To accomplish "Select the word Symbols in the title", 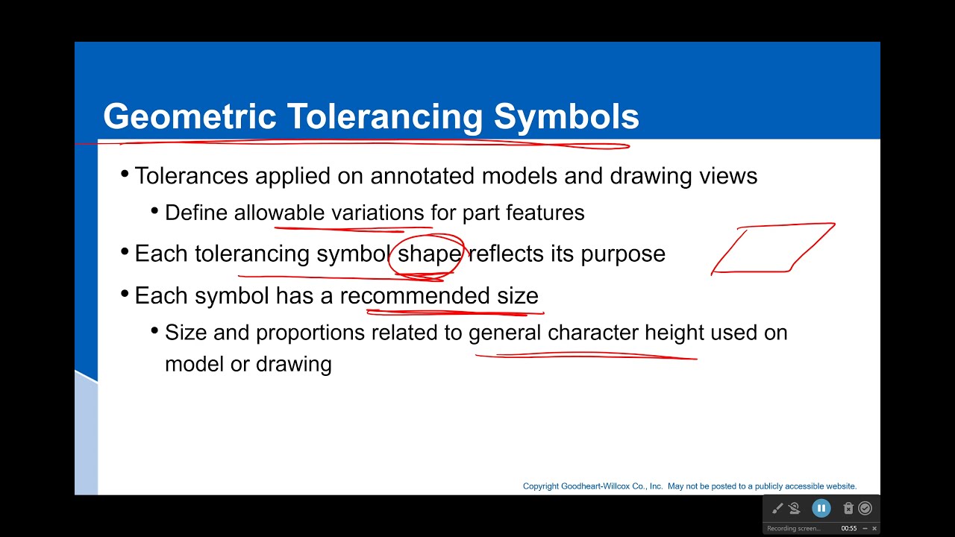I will tap(566, 117).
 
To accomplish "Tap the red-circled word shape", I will tap(429, 254).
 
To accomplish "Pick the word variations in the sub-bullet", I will tap(378, 213).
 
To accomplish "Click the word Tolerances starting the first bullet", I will tap(191, 176).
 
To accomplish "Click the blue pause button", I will tap(821, 509).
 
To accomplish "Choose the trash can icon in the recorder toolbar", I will tap(848, 509).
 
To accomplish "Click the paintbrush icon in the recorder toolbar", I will tap(777, 509).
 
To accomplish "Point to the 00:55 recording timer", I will tap(849, 529).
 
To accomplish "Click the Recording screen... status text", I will tap(794, 529).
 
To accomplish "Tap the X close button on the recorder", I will tap(874, 529).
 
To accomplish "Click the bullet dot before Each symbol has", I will tap(125, 295).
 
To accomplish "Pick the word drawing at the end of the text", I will tap(294, 364).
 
